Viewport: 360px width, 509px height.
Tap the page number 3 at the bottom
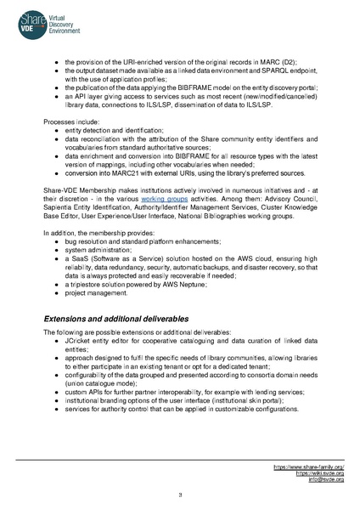(179, 495)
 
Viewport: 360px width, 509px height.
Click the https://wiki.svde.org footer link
(319, 473)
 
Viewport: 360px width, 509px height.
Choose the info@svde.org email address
(326, 480)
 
